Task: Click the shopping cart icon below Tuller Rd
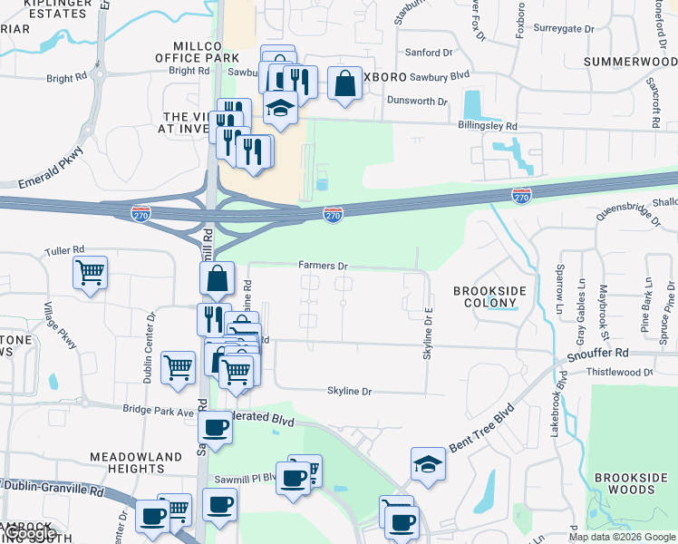[91, 271]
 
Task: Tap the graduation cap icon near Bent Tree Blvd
[428, 463]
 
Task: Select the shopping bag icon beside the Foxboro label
[345, 83]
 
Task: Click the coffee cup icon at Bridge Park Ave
[215, 426]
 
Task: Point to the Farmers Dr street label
[324, 266]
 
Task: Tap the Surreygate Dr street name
[564, 29]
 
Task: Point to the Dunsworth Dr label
[417, 101]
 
